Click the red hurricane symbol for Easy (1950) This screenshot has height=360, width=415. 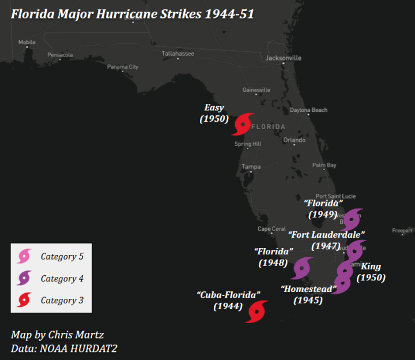(x=243, y=124)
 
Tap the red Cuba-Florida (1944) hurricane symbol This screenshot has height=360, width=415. (x=256, y=312)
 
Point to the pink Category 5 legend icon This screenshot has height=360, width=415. (x=24, y=256)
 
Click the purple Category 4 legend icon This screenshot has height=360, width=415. (x=24, y=278)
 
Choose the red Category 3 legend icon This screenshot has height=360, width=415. (x=24, y=300)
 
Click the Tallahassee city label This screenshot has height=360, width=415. (x=178, y=54)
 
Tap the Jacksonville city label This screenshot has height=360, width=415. (x=283, y=58)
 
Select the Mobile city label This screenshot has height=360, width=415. (x=27, y=42)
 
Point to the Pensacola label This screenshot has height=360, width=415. (x=60, y=55)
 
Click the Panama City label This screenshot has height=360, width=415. (x=122, y=67)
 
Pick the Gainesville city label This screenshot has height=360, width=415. (x=256, y=90)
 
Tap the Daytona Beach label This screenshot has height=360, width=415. (x=308, y=110)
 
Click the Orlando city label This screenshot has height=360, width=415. (x=294, y=140)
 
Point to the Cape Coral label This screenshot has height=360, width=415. (x=271, y=229)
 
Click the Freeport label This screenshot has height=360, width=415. (x=402, y=231)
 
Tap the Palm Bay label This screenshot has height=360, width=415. (x=324, y=166)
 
